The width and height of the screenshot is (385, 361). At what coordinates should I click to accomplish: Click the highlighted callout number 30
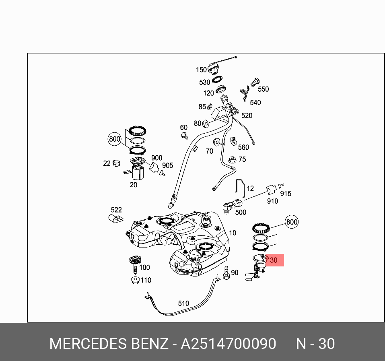(x=274, y=260)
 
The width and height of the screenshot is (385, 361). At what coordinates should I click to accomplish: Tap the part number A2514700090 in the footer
(x=228, y=344)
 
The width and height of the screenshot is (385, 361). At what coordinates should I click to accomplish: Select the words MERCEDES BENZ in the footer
(x=108, y=344)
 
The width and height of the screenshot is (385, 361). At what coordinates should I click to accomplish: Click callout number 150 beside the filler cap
(x=201, y=70)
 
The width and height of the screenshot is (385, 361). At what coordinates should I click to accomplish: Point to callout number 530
(x=204, y=82)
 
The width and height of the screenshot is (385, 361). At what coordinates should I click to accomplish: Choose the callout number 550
(x=263, y=89)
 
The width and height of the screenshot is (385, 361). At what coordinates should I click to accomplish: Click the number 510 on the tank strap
(x=183, y=303)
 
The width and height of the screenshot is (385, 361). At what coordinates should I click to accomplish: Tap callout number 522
(x=116, y=210)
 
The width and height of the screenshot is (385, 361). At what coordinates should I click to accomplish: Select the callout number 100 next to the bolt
(x=144, y=267)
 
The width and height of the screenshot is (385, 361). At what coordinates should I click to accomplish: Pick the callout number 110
(x=146, y=280)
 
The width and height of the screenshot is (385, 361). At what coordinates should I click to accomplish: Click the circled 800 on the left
(x=115, y=139)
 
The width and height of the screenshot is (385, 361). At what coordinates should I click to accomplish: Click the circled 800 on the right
(x=292, y=222)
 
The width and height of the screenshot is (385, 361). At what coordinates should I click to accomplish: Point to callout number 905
(x=167, y=165)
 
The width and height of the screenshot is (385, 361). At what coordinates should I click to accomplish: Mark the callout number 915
(x=286, y=194)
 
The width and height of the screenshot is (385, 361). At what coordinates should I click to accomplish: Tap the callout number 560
(x=243, y=147)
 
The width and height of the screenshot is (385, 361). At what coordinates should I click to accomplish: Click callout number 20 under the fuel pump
(x=134, y=185)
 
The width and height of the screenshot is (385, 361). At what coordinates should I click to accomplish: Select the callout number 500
(x=241, y=212)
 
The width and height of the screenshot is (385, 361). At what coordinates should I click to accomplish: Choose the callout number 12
(x=250, y=188)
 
